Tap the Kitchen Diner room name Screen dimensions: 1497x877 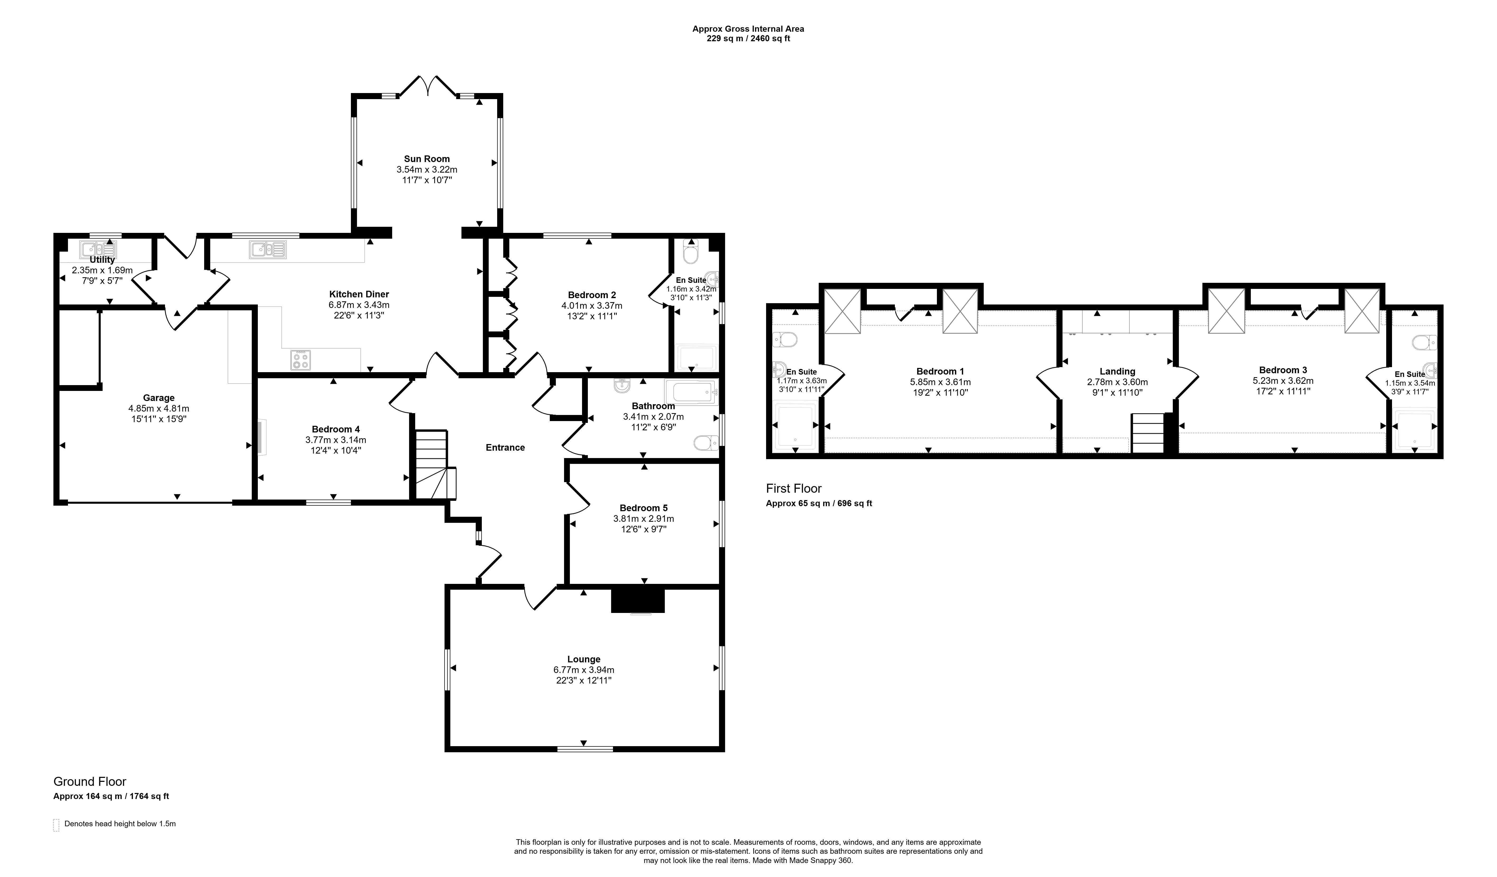tap(359, 294)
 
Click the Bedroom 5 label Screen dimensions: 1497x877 tap(643, 508)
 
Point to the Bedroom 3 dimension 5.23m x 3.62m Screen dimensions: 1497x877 tap(1283, 381)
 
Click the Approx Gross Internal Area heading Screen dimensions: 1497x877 tap(748, 29)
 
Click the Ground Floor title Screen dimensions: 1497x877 tap(90, 781)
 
